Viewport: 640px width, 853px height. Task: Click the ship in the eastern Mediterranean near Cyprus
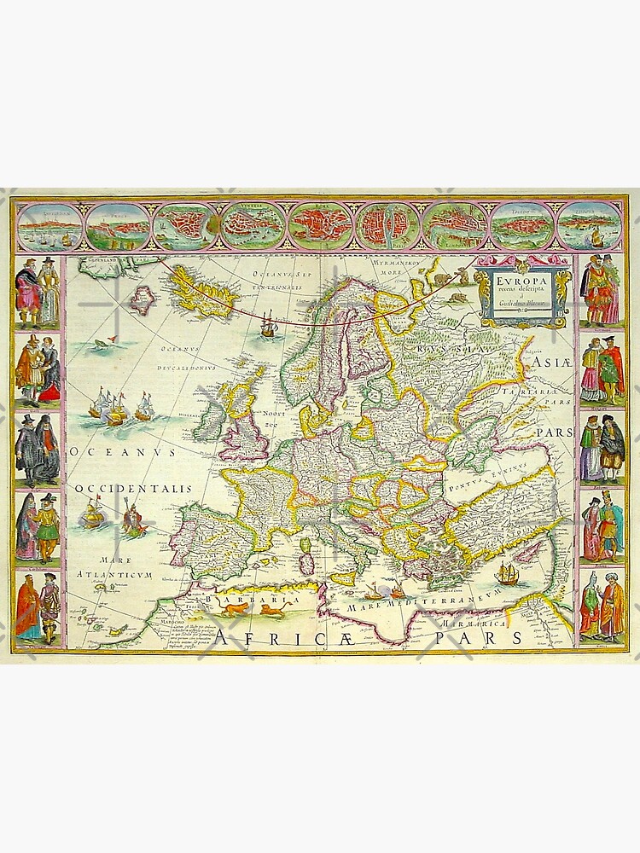[x=505, y=573]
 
